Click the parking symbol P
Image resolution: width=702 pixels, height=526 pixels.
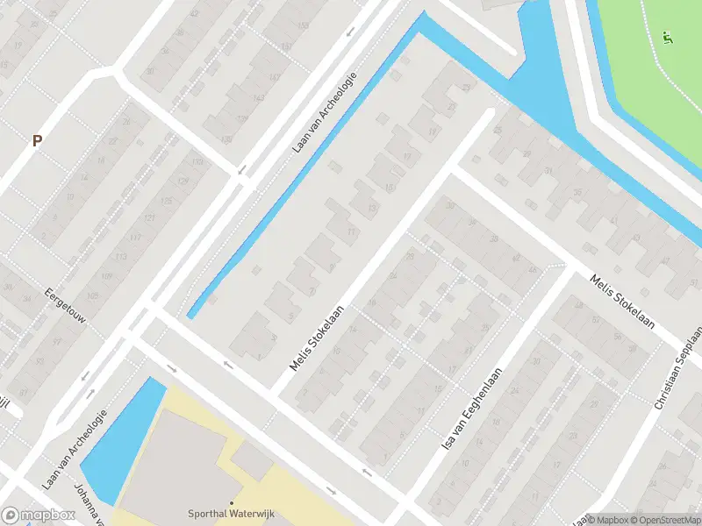coord(37,140)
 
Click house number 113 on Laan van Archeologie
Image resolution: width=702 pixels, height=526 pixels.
coord(119,257)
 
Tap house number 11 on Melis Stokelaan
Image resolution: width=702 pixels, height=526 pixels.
coord(352,231)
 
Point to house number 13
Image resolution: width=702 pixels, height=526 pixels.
coord(372,209)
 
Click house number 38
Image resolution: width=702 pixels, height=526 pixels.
coord(494,238)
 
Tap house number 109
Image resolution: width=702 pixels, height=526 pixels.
coord(105,276)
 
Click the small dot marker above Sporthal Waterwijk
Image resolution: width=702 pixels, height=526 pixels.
coord(231,502)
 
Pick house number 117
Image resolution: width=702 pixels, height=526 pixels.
coord(134,238)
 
